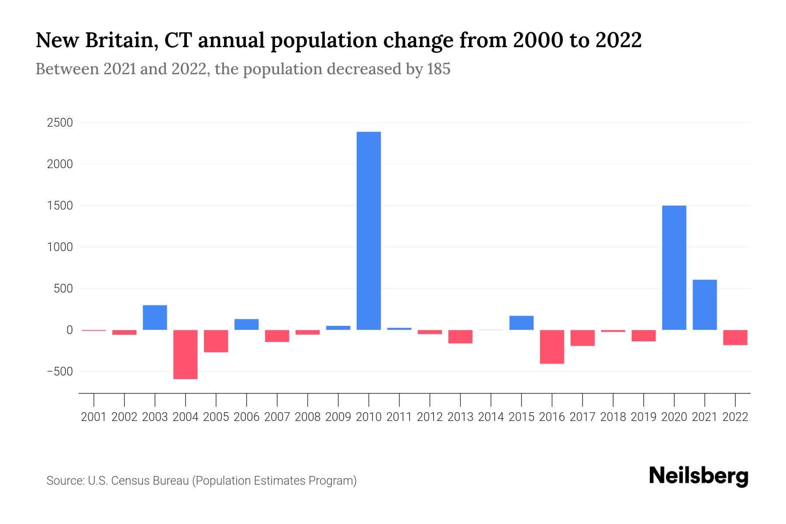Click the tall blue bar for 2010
point(369,231)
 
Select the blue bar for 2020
point(674,267)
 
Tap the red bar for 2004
point(186,354)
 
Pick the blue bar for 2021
point(705,304)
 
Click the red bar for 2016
point(552,347)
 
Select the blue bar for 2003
point(155,317)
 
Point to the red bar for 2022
point(735,338)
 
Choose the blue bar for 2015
point(521,323)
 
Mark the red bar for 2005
point(216,341)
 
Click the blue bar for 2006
point(247,324)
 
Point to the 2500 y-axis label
point(60,123)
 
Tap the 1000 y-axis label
point(60,247)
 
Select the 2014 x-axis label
point(491,417)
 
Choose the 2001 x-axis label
point(94,417)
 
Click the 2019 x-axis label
point(644,417)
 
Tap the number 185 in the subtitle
point(439,69)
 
